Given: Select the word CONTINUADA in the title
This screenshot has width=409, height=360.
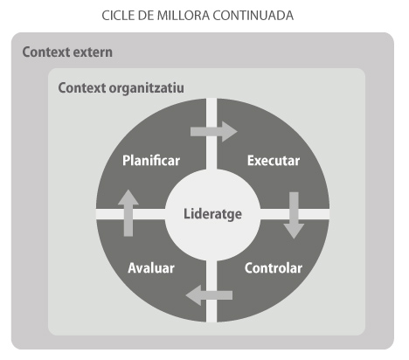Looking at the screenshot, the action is point(253,16).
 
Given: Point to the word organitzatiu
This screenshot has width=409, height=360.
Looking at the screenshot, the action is point(146,88).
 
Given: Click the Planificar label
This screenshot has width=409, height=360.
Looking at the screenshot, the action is point(151,161).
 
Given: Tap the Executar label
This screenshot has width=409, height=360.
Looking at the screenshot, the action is point(274,161).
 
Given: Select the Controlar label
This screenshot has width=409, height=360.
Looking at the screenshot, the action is point(274,268).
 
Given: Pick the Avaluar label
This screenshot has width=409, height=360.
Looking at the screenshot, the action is point(151,268).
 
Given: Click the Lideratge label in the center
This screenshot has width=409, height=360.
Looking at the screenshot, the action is point(212,214).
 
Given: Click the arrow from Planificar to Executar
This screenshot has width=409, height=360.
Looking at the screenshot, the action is point(214,132).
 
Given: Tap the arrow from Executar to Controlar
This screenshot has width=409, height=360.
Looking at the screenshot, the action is point(294,216).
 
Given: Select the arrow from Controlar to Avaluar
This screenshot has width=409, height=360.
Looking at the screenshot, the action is point(209,295).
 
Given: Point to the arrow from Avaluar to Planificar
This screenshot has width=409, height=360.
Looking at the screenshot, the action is point(128,213).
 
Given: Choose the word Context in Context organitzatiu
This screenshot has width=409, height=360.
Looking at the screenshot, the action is point(82,88).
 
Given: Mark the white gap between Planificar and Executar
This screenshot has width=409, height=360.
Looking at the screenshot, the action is point(211,134).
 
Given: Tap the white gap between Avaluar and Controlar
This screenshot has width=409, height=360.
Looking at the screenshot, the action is point(211,291).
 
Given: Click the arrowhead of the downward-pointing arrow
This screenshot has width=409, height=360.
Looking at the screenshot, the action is point(294,232).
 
